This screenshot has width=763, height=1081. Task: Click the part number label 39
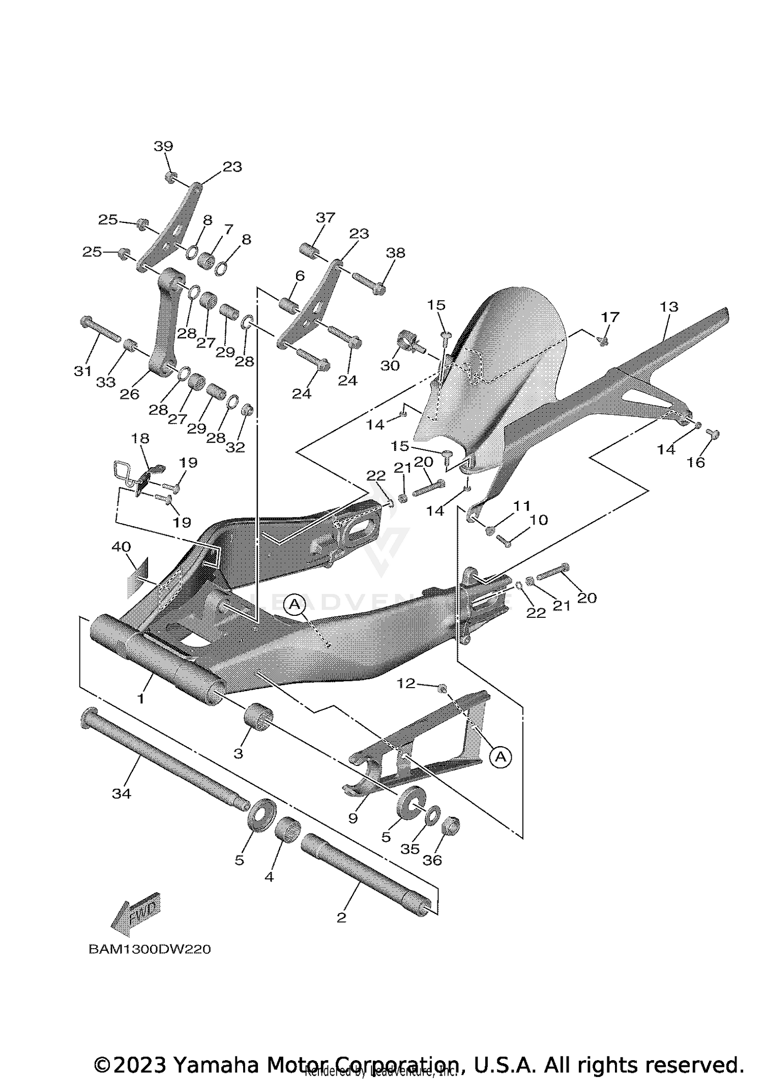point(163,147)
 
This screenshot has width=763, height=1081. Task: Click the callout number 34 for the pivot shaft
point(121,793)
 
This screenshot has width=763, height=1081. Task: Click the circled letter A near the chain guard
point(501,757)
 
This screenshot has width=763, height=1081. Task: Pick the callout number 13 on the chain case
point(669,307)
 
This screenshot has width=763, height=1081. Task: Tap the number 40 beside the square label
point(121,547)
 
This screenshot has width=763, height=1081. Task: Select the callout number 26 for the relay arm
point(129,394)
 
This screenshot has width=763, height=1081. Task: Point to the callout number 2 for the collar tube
point(341,918)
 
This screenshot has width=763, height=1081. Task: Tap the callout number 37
point(326,218)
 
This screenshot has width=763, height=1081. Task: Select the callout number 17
point(610,317)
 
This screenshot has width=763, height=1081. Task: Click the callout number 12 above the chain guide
point(406,684)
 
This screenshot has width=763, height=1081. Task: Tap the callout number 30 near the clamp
point(390,365)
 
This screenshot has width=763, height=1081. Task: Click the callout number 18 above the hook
point(140,438)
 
